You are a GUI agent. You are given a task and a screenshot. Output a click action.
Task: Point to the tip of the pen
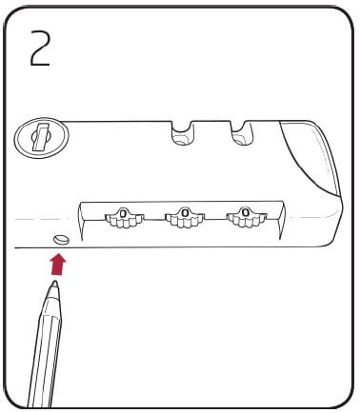(55, 282)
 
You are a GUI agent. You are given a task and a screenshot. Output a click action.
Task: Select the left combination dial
(124, 218)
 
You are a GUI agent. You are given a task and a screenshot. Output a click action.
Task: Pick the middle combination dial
(185, 218)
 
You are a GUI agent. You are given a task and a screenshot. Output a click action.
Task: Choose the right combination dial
(246, 218)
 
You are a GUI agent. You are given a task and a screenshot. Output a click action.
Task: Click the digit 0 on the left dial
(124, 211)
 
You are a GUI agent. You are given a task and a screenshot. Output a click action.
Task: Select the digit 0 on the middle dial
(185, 211)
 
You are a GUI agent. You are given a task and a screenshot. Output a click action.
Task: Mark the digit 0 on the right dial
(246, 211)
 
